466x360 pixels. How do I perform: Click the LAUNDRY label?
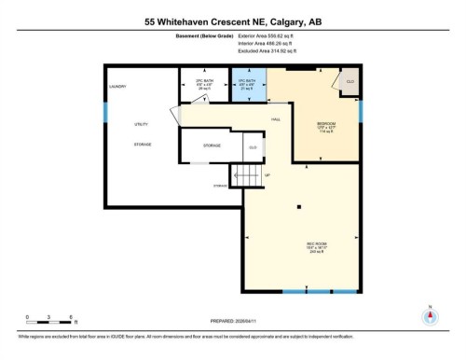117,87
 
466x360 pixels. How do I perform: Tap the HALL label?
276,119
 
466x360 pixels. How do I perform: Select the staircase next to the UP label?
247,174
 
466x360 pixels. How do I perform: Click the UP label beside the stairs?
268,174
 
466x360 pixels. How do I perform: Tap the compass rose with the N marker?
429,317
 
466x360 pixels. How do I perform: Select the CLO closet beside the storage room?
252,147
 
